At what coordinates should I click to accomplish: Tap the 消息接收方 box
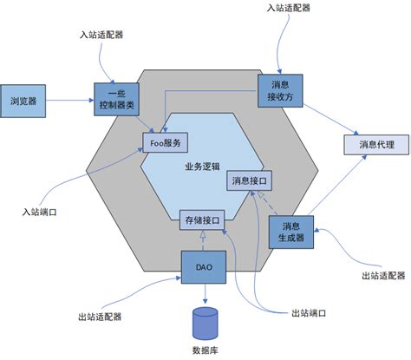point(280,89)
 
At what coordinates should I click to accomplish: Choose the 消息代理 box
point(375,144)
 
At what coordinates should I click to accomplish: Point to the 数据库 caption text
point(205,350)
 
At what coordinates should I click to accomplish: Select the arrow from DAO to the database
point(205,295)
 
